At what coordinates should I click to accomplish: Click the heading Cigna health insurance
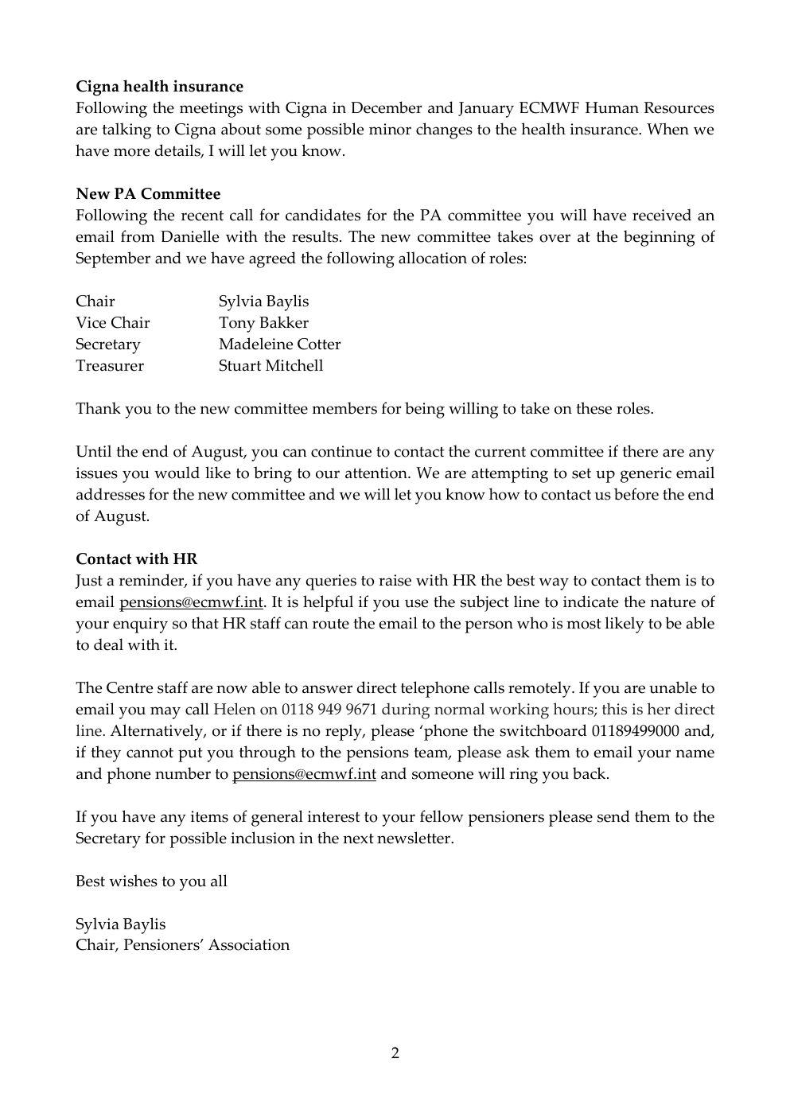pos(159,86)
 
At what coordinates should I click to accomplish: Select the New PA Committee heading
pos(148,193)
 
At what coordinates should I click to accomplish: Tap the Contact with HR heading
pos(136,559)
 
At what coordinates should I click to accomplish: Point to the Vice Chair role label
pos(112,323)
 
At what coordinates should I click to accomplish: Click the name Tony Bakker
pos(263,323)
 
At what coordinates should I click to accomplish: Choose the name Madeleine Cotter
pos(279,344)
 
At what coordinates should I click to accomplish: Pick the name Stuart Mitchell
pos(270,366)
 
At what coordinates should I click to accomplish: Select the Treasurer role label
pos(110,366)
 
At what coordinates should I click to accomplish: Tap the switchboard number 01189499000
pos(634,731)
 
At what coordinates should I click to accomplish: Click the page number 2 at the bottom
pos(395,1054)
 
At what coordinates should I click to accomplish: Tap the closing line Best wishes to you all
pos(151,882)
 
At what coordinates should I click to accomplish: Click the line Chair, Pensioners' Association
pos(182,945)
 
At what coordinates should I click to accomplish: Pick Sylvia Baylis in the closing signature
pos(120,924)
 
